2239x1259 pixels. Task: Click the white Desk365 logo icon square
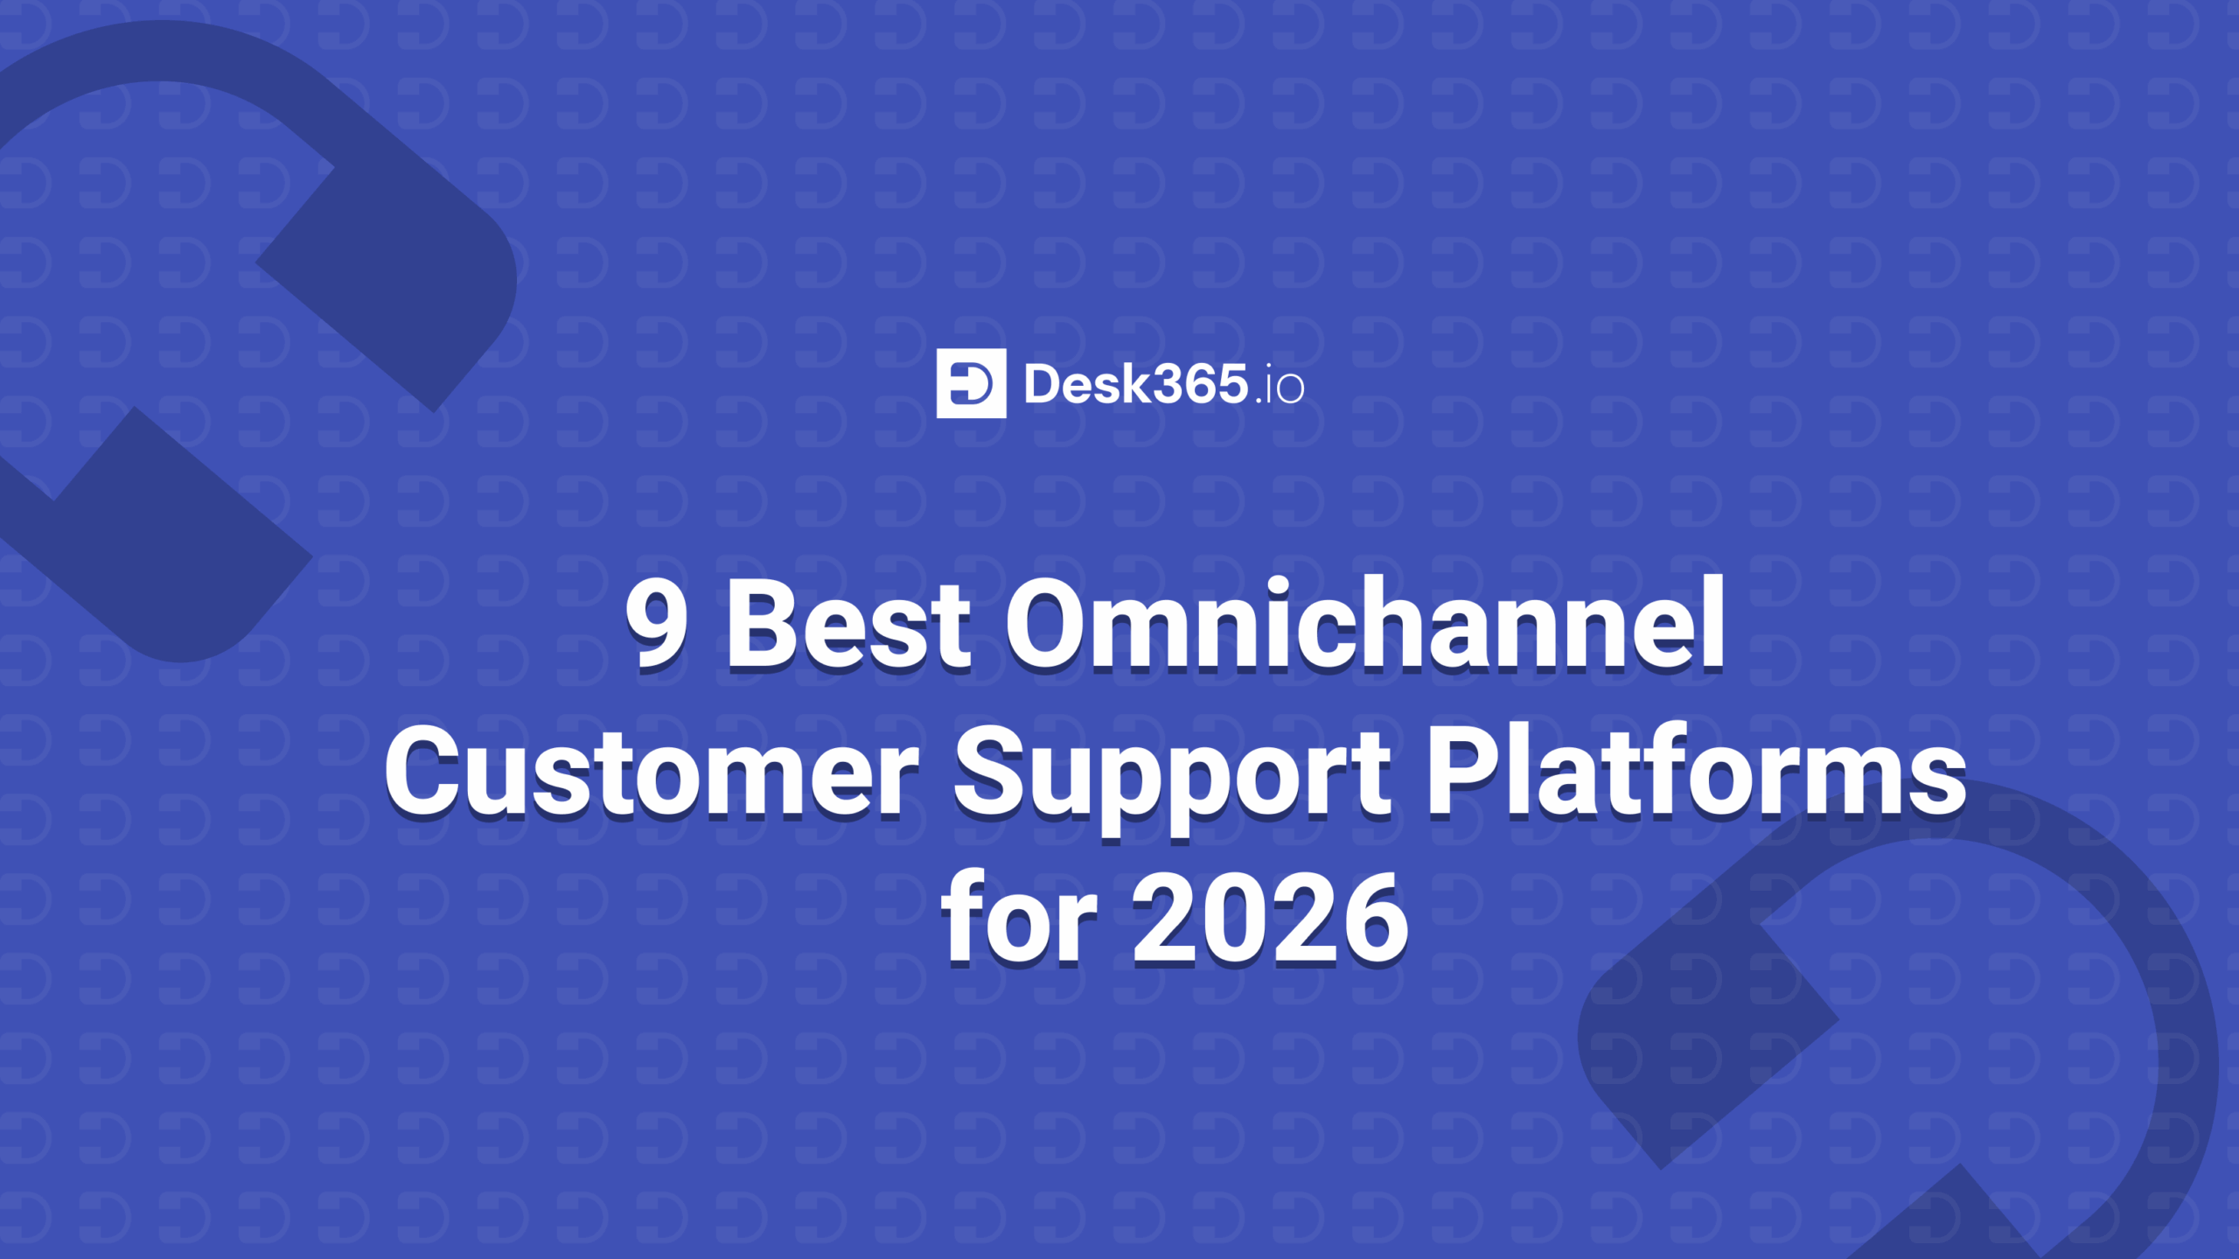tap(971, 383)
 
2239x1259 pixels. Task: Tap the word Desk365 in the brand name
tap(1135, 384)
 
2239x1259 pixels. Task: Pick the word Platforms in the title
tap(1697, 770)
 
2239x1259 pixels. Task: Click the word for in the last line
tap(1019, 917)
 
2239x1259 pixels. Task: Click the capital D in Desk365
tap(1043, 385)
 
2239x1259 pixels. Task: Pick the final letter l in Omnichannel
tap(1714, 621)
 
